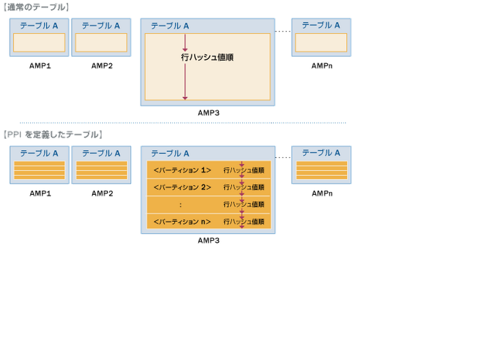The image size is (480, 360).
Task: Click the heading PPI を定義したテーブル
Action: pos(53,135)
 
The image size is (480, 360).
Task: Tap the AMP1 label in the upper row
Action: pos(40,66)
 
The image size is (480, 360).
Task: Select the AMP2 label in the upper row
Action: pos(102,66)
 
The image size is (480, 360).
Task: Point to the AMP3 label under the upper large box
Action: pos(209,113)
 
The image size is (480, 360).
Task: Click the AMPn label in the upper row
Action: pos(322,66)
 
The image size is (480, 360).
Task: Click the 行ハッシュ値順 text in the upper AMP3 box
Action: pos(207,58)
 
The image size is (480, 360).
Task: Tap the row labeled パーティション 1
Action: pos(182,170)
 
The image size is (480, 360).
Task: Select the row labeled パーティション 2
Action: pos(182,187)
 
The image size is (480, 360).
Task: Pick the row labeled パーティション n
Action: pos(182,222)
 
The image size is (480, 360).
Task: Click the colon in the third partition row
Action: pos(180,205)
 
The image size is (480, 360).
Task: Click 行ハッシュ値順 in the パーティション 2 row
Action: pos(243,187)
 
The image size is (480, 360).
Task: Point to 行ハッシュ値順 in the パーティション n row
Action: pos(243,222)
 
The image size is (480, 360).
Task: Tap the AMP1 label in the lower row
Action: pos(40,194)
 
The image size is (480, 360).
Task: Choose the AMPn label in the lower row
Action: pos(322,194)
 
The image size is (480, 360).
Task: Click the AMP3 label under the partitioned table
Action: pos(209,241)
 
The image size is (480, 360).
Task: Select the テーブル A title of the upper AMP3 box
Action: pos(170,26)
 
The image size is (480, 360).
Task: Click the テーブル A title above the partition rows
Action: pos(170,153)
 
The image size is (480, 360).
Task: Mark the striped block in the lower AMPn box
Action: pos(321,170)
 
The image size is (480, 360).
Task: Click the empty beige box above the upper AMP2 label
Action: pos(101,43)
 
